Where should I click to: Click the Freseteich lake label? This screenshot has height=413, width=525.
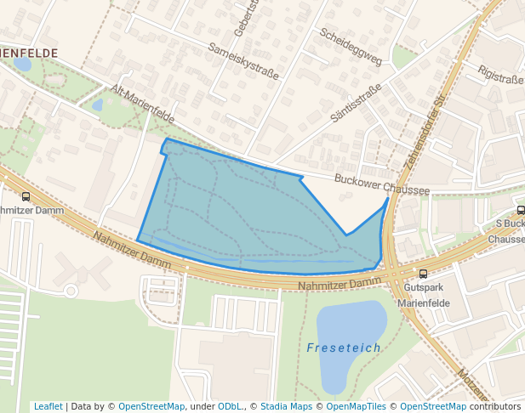click(344, 348)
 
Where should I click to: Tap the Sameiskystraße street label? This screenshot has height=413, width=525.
click(243, 62)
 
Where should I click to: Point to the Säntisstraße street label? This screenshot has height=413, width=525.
click(355, 103)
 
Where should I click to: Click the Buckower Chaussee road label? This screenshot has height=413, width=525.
click(382, 185)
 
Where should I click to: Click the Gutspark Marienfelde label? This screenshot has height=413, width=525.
click(422, 296)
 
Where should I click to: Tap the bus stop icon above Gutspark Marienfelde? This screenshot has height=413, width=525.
click(423, 274)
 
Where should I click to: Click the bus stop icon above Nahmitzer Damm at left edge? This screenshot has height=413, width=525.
click(26, 196)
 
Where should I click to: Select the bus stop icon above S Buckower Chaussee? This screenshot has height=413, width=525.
click(521, 211)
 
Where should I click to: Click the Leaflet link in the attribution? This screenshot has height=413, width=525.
click(48, 407)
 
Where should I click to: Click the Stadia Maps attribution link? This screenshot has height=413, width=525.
click(286, 407)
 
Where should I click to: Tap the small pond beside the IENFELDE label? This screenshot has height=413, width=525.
click(23, 65)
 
